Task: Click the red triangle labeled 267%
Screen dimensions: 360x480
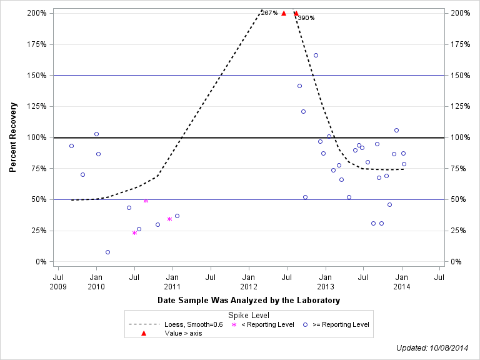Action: (284, 13)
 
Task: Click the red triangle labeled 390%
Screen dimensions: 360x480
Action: (296, 13)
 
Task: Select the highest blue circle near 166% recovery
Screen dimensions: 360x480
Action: (316, 56)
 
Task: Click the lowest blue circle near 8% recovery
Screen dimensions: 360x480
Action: (107, 252)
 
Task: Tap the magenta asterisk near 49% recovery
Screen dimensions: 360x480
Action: (146, 201)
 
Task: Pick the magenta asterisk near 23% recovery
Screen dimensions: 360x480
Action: (134, 232)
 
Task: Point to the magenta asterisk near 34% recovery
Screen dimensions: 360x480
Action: (169, 219)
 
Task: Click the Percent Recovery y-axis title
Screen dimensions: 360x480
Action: (12, 137)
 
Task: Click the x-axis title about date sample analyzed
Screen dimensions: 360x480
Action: (249, 301)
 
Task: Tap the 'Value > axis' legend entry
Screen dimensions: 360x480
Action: (183, 333)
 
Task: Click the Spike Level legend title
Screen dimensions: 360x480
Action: (249, 316)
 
